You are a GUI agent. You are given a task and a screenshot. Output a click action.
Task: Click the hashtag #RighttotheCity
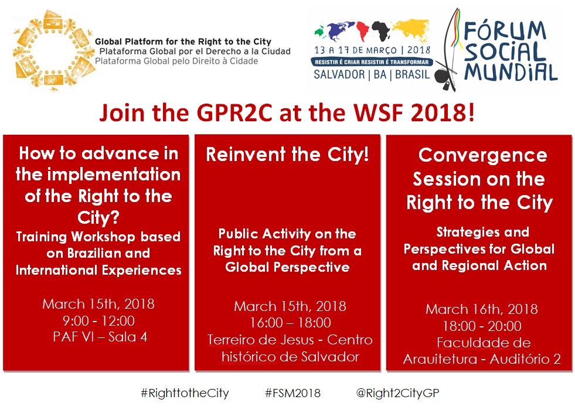[185, 393]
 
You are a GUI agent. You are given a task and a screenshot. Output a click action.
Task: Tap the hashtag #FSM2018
[292, 393]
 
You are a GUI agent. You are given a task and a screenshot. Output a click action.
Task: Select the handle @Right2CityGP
[397, 393]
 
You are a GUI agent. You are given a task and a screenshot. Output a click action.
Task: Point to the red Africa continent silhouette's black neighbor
[380, 31]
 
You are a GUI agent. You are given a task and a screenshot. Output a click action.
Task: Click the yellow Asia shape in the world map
[411, 28]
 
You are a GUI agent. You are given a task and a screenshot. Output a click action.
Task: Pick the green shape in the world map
[320, 32]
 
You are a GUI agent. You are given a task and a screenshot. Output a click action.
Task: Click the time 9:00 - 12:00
[98, 320]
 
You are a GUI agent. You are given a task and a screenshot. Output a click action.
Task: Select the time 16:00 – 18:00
[291, 322]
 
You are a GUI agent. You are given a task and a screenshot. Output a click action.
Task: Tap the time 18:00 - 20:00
[482, 326]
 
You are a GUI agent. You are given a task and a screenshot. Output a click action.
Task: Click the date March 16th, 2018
[481, 309]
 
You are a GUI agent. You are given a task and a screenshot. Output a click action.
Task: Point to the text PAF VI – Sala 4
[100, 337]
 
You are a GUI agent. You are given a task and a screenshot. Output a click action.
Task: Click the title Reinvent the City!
[287, 154]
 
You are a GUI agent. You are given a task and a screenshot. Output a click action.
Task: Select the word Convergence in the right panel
[482, 155]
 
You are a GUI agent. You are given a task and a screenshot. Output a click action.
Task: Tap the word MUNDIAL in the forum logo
[510, 72]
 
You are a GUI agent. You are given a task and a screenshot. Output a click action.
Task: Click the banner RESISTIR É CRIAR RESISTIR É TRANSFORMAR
[372, 62]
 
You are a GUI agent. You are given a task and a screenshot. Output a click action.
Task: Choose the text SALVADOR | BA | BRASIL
[372, 74]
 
